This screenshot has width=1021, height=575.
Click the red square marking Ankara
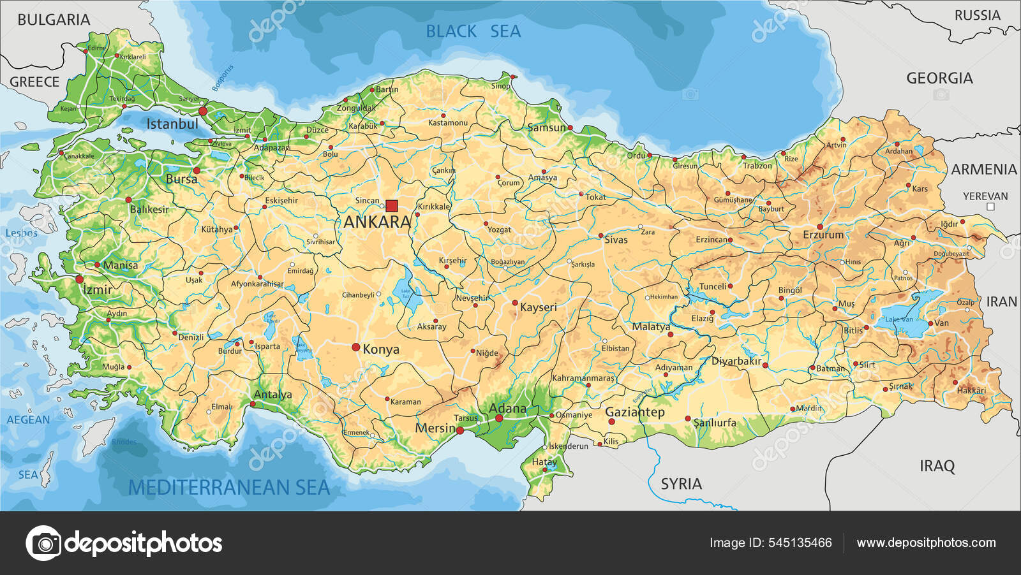pyautogui.click(x=391, y=206)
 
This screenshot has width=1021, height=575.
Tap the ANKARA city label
pyautogui.click(x=377, y=222)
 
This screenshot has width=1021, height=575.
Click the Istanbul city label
pyautogui.click(x=172, y=124)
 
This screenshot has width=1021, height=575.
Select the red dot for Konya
pyautogui.click(x=356, y=347)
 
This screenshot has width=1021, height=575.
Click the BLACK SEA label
pyautogui.click(x=473, y=31)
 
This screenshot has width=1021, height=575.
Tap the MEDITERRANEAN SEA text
pyautogui.click(x=229, y=488)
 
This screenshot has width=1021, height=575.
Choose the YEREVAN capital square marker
pyautogui.click(x=990, y=207)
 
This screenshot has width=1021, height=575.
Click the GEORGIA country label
pyautogui.click(x=939, y=78)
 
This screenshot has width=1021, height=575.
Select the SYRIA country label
pyautogui.click(x=681, y=484)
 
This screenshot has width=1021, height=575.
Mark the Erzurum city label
pyautogui.click(x=823, y=235)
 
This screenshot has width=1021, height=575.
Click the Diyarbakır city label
pyautogui.click(x=736, y=361)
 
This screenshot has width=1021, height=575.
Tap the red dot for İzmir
pyautogui.click(x=80, y=279)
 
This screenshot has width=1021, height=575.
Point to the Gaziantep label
pyautogui.click(x=634, y=412)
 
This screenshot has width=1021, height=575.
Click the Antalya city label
pyautogui.click(x=272, y=395)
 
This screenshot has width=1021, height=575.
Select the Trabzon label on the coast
pyautogui.click(x=757, y=166)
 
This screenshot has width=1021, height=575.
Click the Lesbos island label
pyautogui.click(x=21, y=233)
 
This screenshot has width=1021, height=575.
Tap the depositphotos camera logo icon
pyautogui.click(x=44, y=543)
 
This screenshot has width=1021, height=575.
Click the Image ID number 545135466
pyautogui.click(x=800, y=543)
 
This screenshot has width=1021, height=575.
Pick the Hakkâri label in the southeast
pyautogui.click(x=971, y=390)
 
